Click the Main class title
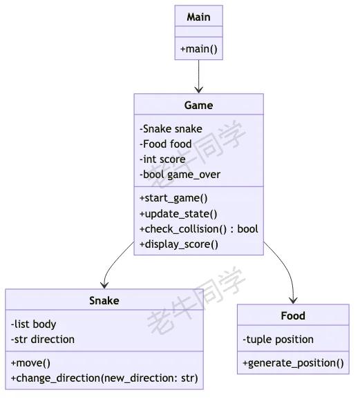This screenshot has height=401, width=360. tap(199, 17)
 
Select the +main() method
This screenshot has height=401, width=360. tap(199, 48)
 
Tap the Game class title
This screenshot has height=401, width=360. tap(199, 106)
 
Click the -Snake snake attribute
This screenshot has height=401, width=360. tap(171, 129)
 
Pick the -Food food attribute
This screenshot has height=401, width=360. tap(165, 144)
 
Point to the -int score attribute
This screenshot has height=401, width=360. tap(162, 159)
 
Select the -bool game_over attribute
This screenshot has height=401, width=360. tap(180, 175)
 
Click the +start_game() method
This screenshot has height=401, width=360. tap(173, 198)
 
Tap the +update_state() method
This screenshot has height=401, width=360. tap(178, 214)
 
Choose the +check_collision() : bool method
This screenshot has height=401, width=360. tap(199, 229)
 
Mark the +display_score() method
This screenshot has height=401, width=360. tap(179, 244)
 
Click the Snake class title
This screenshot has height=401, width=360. tap(104, 301)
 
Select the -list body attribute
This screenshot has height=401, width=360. tap(33, 324)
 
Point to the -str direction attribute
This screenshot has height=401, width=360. tap(43, 340)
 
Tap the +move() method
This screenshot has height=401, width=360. tap(30, 363)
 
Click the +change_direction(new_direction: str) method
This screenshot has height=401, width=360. tap(104, 378)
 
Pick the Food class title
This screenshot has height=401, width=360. tap(293, 316)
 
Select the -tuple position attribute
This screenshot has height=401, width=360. tap(278, 340)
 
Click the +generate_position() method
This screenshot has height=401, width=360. tap(293, 363)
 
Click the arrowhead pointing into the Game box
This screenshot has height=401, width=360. tap(199, 90)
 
